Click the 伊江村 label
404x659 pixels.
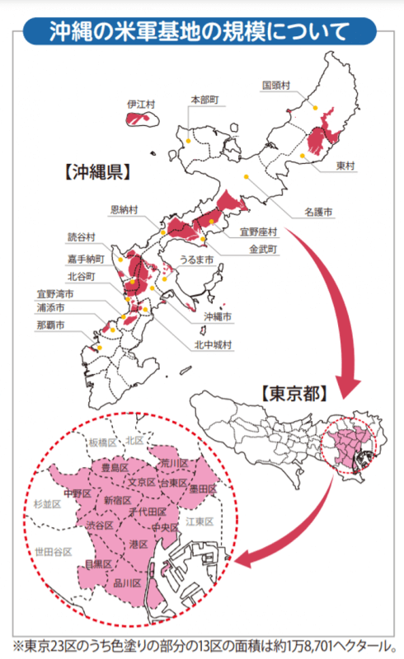click(x=141, y=105)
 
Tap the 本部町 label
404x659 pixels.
click(x=204, y=99)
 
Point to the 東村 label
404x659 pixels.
click(x=346, y=166)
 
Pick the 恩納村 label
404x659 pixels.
click(x=124, y=209)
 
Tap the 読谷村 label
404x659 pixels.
click(x=82, y=237)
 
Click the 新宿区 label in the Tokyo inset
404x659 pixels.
click(x=118, y=500)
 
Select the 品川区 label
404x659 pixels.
click(x=128, y=583)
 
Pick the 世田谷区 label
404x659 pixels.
click(x=52, y=551)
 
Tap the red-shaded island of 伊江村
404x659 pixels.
click(x=143, y=119)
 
